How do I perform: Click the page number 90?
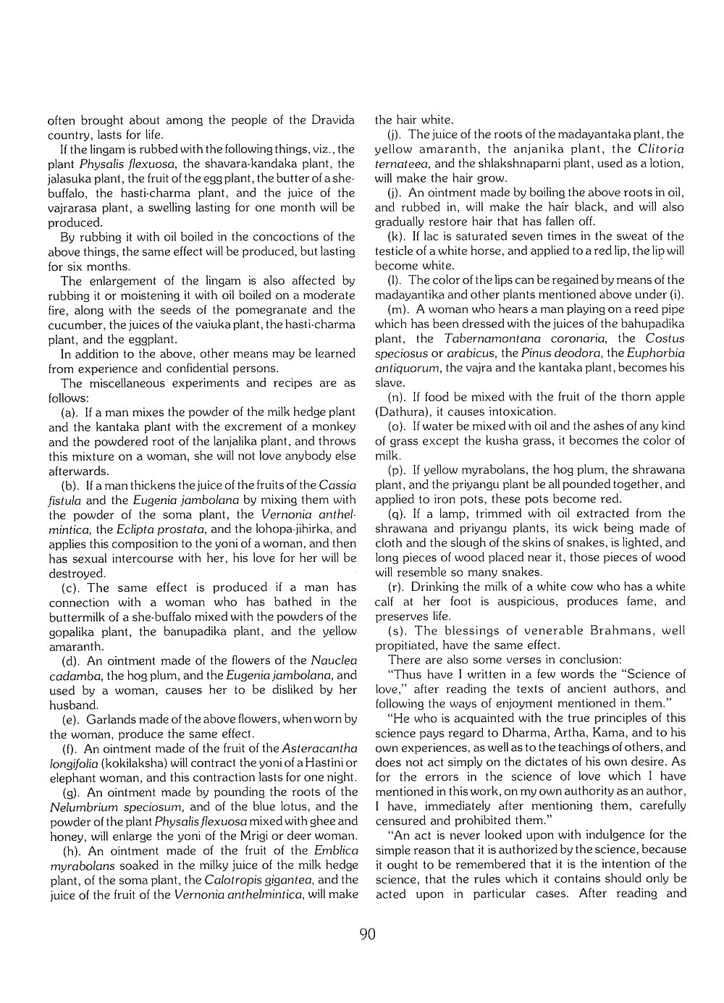point(367,933)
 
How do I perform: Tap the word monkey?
point(337,427)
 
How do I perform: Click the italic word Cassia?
point(337,484)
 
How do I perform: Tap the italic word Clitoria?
point(660,148)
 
